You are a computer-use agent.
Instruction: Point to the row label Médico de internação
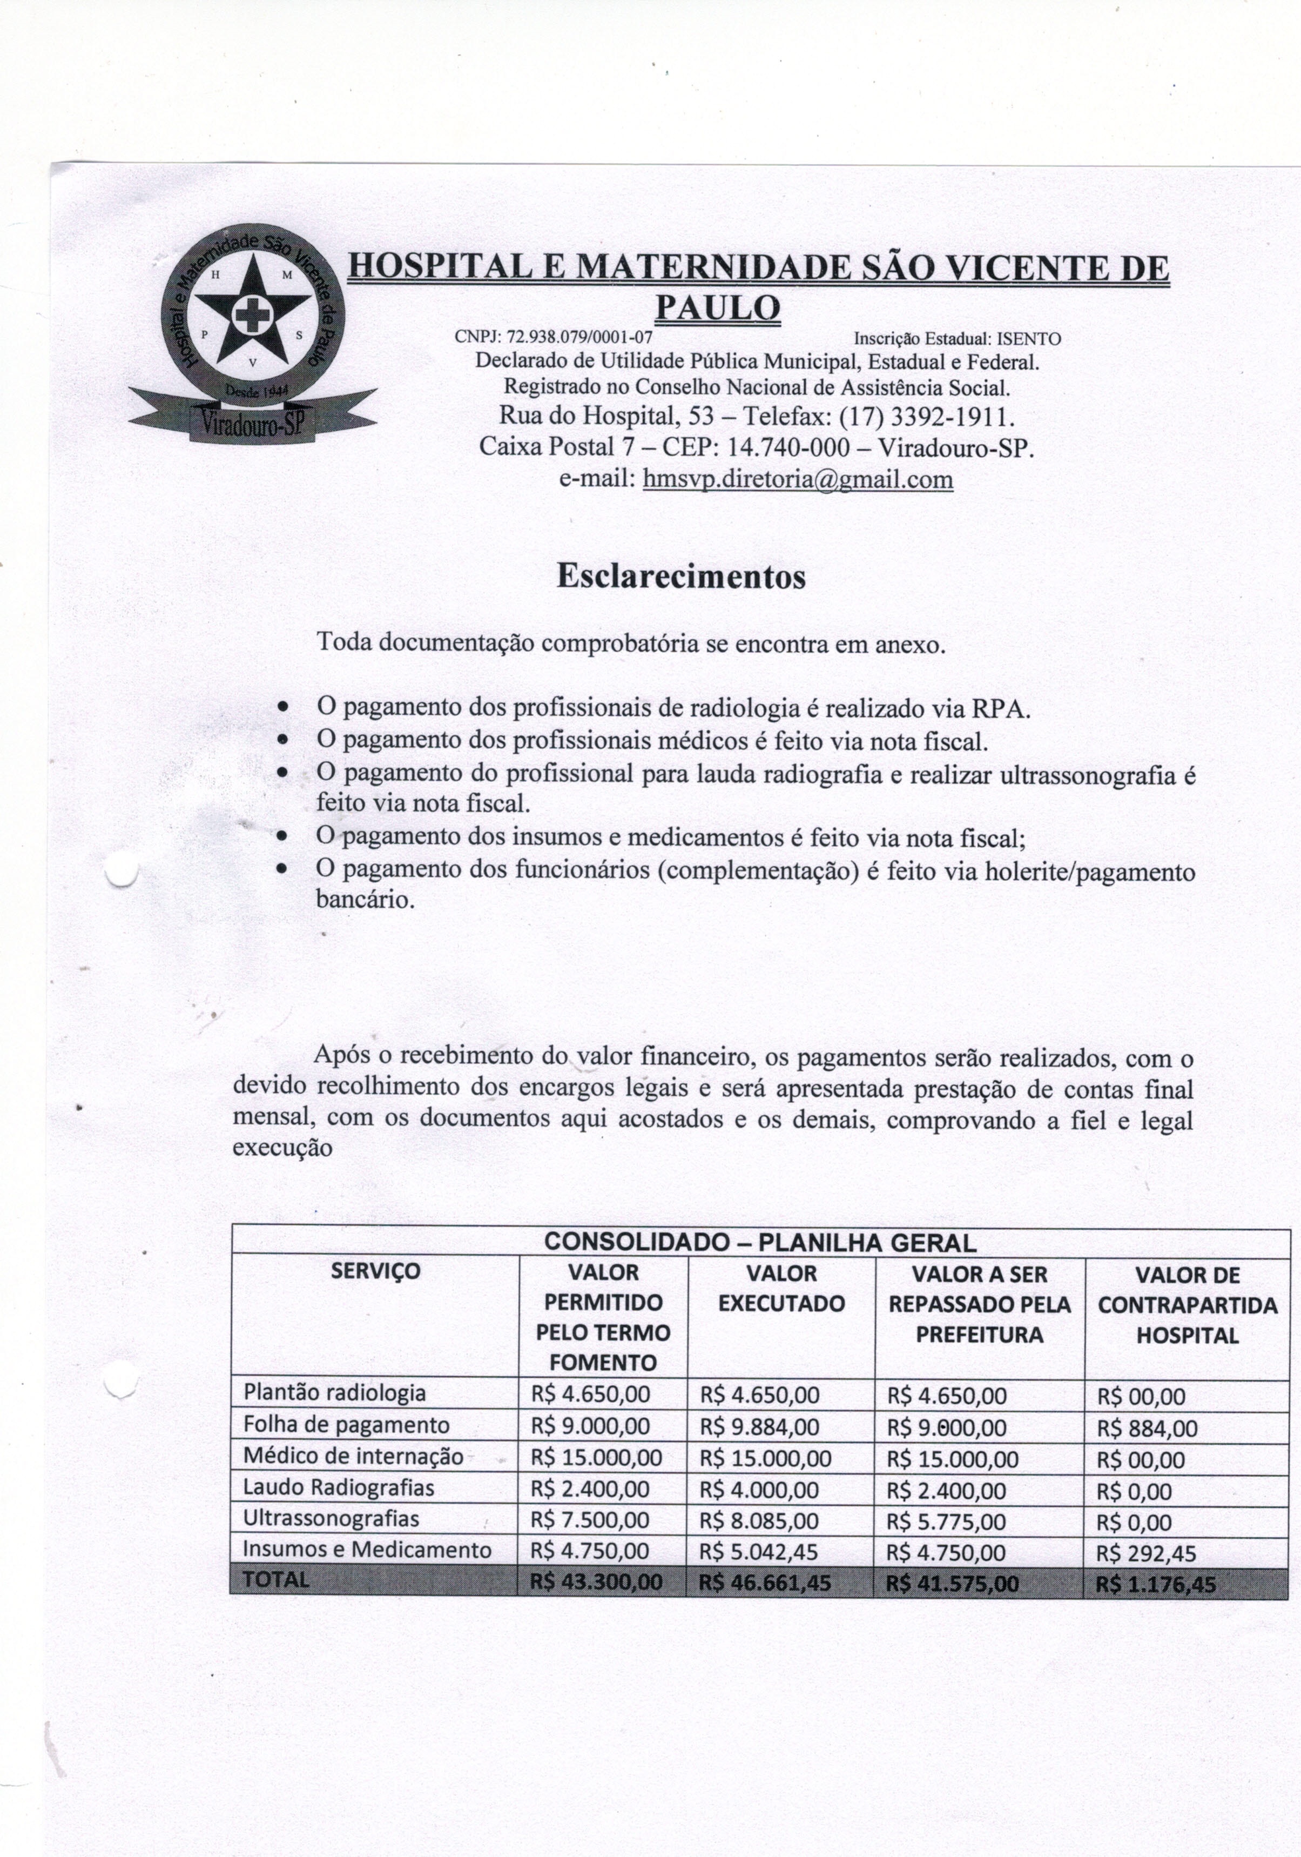click(x=353, y=1457)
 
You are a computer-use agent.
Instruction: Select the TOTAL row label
click(x=277, y=1580)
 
